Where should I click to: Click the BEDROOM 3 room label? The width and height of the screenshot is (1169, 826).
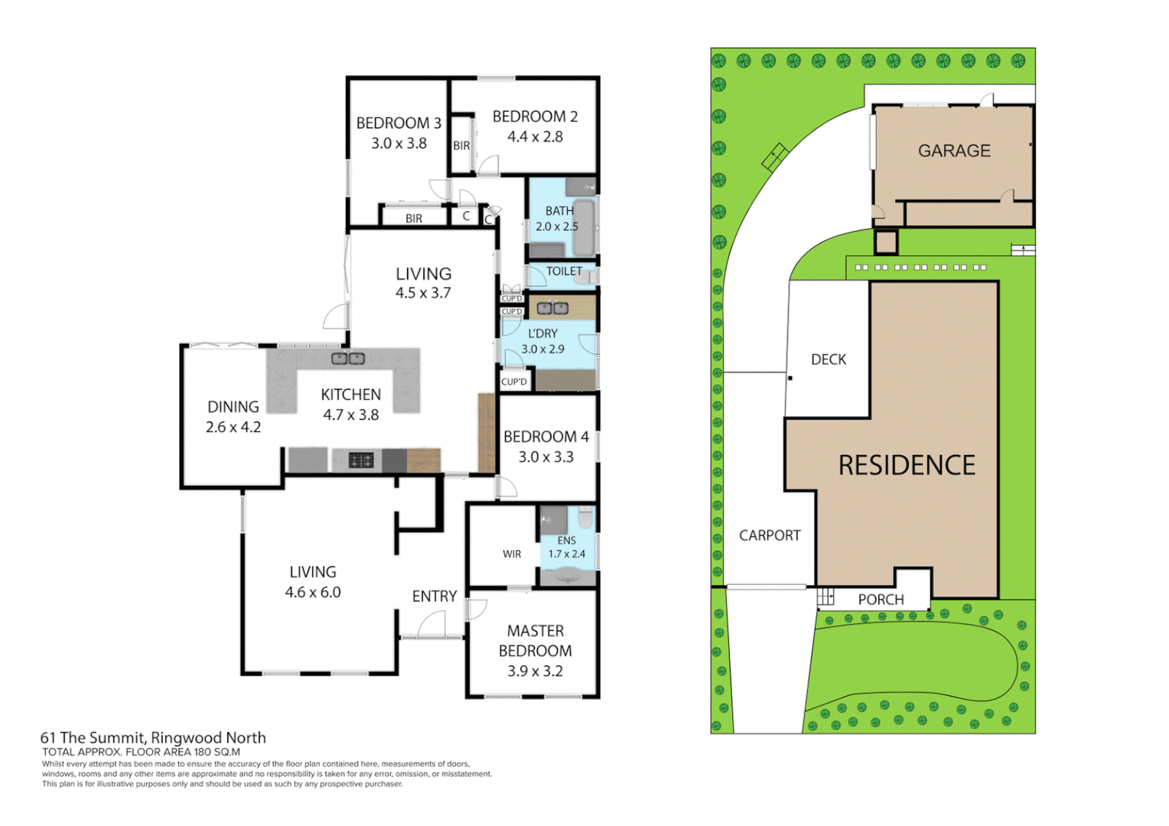[399, 123]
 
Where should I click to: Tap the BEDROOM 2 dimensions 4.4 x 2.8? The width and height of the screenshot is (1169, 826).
[535, 137]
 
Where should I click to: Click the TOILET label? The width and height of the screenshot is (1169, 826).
[564, 272]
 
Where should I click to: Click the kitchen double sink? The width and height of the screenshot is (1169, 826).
[347, 358]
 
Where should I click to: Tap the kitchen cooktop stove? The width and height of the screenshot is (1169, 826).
[361, 460]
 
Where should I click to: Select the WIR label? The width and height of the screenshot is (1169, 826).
[512, 554]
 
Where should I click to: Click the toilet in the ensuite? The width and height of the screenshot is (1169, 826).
[586, 519]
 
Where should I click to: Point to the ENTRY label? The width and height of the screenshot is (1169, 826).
[434, 597]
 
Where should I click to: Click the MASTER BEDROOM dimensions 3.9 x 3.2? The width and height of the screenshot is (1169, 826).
[535, 672]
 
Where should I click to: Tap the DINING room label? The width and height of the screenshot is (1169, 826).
[233, 408]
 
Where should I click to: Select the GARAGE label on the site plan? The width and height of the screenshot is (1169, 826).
[954, 151]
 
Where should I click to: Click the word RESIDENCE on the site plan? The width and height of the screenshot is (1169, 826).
[907, 466]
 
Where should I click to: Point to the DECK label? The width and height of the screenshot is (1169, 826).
[829, 359]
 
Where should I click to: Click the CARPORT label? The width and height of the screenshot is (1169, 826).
[770, 536]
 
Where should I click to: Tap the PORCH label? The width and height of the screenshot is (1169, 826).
[881, 600]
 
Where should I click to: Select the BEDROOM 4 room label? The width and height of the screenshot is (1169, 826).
[545, 437]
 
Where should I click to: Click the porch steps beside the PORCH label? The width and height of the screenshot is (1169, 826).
[825, 597]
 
